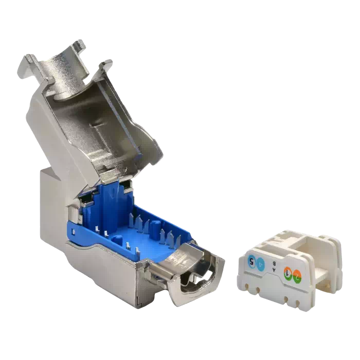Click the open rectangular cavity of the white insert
point(321,267)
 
